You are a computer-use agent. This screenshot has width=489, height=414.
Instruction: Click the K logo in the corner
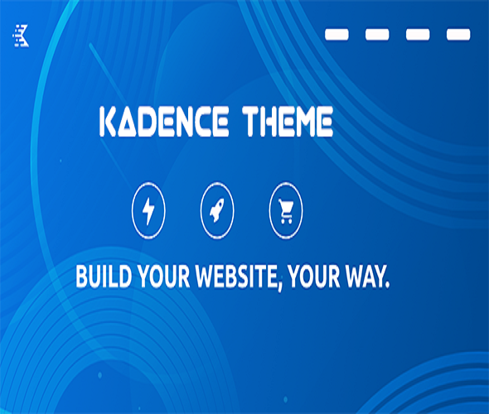(21, 36)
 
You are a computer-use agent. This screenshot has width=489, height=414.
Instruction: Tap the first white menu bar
(336, 34)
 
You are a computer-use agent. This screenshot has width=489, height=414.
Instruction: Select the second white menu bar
(377, 34)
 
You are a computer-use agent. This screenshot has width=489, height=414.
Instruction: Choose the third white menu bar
(418, 34)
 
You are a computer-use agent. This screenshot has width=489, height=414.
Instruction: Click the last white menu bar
(458, 34)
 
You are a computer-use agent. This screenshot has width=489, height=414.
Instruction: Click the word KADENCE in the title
(164, 122)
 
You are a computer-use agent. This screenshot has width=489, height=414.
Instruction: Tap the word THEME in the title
(288, 122)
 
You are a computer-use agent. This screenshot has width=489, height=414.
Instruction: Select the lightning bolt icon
(148, 210)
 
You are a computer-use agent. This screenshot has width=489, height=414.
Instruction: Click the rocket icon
(217, 210)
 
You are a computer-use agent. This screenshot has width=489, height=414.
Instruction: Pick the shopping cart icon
(286, 210)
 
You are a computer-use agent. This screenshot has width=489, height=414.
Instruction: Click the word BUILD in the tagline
(104, 277)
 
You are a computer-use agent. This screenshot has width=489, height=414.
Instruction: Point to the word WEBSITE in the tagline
(236, 277)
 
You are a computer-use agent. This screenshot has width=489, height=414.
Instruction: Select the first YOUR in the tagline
(164, 277)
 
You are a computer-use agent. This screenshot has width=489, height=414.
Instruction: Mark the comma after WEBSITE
(280, 286)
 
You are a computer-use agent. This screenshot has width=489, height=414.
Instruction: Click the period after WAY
(387, 285)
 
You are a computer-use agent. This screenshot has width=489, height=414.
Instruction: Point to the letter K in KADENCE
(109, 122)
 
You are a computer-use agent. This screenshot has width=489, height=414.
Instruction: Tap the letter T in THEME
(252, 122)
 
